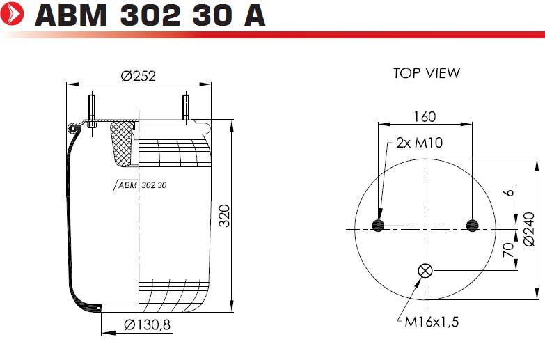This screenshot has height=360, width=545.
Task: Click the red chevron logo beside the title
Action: click(x=12, y=14)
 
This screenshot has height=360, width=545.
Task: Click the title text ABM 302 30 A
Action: click(x=150, y=15)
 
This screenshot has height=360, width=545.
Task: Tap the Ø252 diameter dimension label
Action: click(x=139, y=76)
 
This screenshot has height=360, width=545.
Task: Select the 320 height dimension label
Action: click(x=225, y=216)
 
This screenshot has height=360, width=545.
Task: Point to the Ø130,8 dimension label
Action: click(x=148, y=325)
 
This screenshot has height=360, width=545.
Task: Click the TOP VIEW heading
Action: click(x=427, y=73)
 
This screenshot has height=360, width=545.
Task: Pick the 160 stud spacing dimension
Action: click(x=425, y=116)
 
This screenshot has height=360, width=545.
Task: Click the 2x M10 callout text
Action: click(x=420, y=143)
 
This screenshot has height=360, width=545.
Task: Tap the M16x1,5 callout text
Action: click(x=432, y=322)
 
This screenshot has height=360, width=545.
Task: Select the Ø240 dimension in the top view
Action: click(x=529, y=229)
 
